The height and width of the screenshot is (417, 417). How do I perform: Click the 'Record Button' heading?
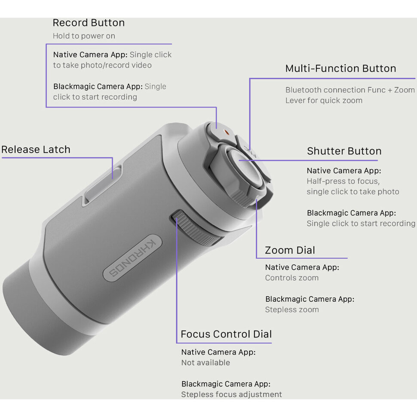(89, 23)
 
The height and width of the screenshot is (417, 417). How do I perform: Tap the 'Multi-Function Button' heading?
(340, 69)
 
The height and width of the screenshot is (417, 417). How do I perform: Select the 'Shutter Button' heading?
(344, 151)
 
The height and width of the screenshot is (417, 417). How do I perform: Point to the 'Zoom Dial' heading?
(290, 250)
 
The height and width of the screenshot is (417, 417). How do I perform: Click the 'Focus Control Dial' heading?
(226, 334)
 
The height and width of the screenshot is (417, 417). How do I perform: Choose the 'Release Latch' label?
(36, 150)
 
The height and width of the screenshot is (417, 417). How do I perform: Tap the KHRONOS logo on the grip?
(132, 258)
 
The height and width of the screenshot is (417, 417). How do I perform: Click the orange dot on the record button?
(226, 132)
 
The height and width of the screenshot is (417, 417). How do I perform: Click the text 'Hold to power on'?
(84, 36)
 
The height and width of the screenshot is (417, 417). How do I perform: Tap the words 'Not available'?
(205, 363)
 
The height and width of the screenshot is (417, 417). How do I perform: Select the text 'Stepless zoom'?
(292, 310)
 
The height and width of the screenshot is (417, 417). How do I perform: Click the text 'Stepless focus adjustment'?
(231, 395)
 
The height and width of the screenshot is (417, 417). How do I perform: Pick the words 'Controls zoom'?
(292, 278)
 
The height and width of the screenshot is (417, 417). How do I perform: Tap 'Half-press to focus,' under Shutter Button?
(343, 181)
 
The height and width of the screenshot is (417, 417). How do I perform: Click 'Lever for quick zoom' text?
(324, 101)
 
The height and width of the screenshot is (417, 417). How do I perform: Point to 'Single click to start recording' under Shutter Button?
(361, 224)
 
